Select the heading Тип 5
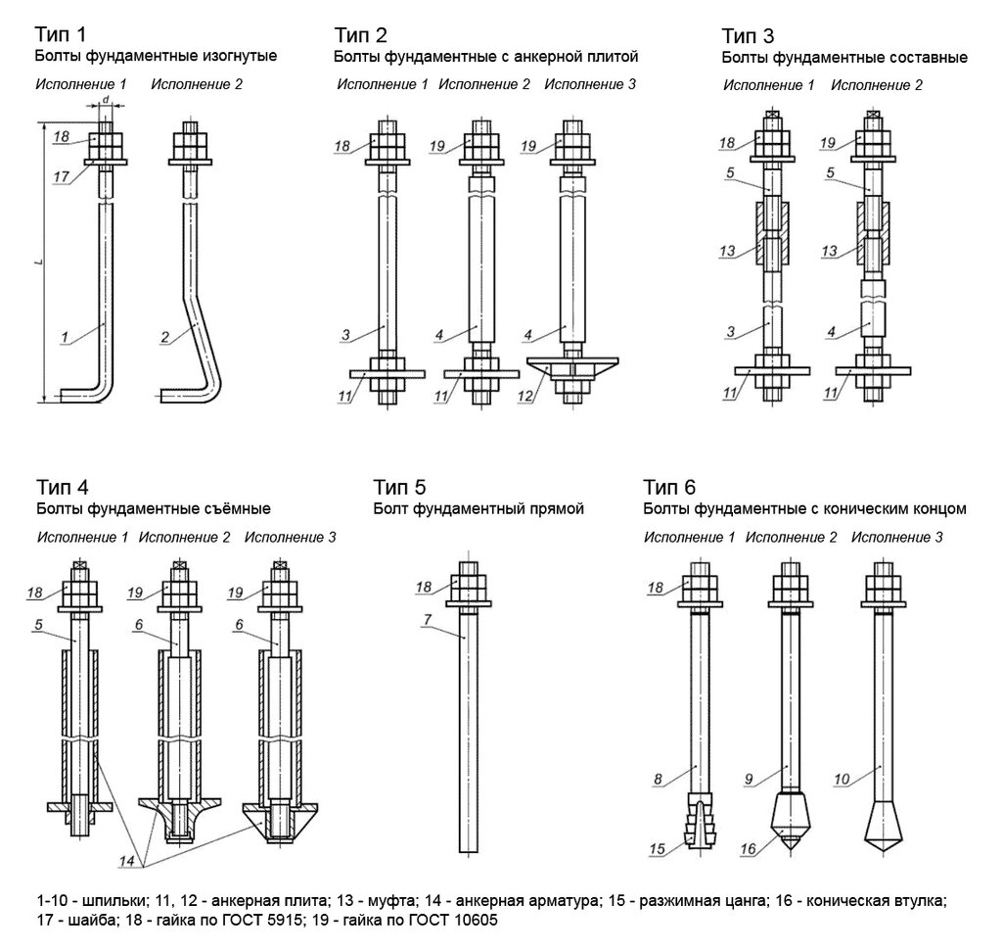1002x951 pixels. [399, 487]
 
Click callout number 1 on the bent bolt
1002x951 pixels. [65, 338]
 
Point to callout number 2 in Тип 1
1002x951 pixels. [164, 338]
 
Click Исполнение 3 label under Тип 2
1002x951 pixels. [589, 84]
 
